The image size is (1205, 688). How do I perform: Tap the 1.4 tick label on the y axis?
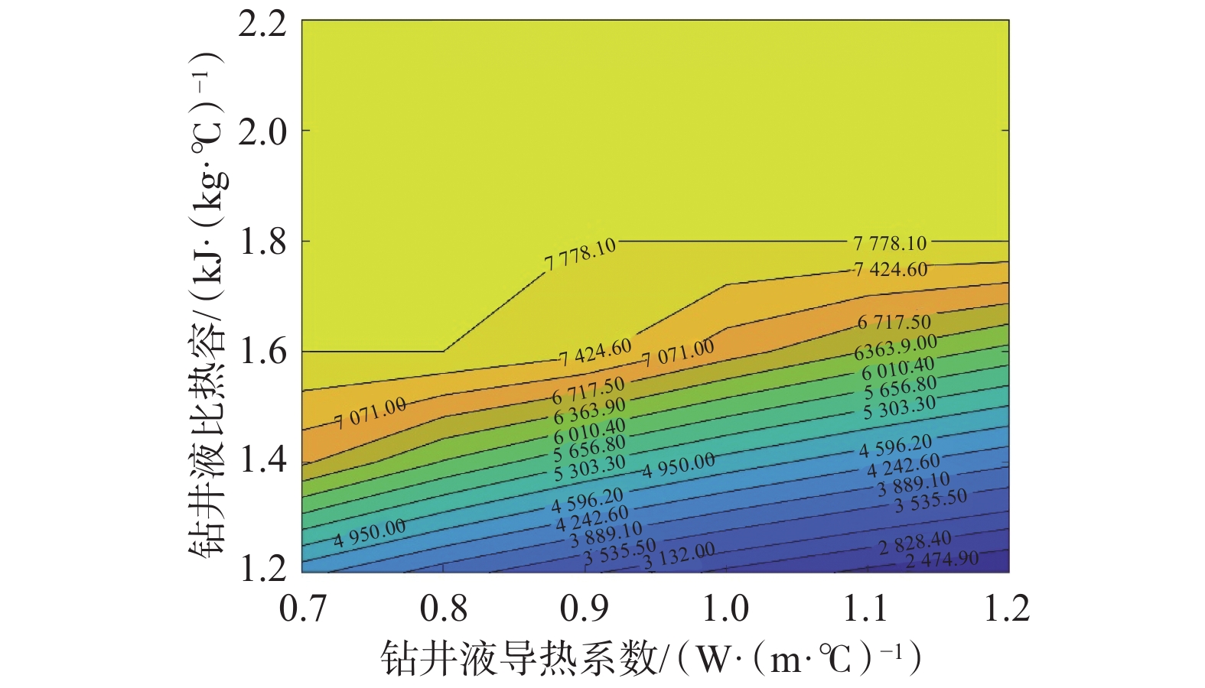point(263,460)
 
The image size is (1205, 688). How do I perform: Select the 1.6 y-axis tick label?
point(263,352)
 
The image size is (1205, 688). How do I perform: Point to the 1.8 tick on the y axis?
point(263,242)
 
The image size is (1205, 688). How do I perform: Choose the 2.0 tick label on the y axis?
point(263,131)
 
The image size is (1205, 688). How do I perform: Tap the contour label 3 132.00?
point(679,556)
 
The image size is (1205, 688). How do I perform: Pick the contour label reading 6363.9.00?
point(895,348)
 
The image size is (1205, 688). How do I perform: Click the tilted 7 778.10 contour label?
point(580,254)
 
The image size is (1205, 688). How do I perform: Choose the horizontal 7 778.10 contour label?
point(890,244)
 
